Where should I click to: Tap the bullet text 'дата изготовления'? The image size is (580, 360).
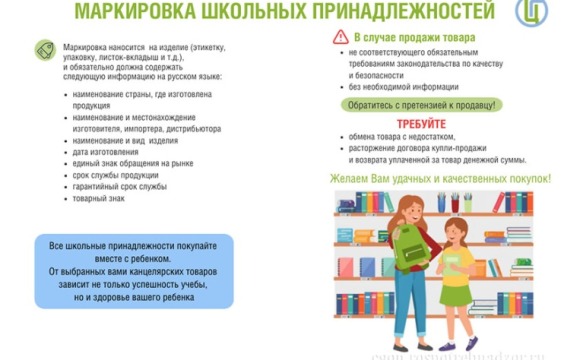pyautogui.click(x=114, y=150)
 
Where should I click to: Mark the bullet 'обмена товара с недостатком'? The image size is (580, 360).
pyautogui.click(x=402, y=137)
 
